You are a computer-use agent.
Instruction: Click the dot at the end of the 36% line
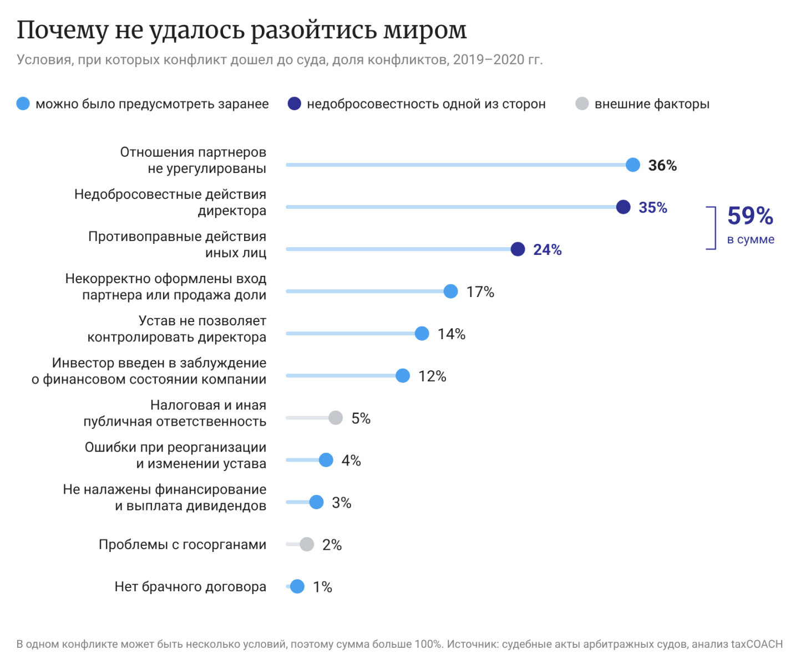633,165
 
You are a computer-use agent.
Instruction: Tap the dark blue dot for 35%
623,207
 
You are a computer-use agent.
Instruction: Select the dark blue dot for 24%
518,249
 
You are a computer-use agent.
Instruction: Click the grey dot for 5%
336,418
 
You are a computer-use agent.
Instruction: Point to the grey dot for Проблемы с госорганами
307,544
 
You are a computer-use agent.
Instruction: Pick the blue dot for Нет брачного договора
297,586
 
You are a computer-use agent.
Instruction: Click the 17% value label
480,291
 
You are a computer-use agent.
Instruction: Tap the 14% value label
452,334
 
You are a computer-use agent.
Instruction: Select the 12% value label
432,376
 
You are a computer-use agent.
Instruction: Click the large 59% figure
750,216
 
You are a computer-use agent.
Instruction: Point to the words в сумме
751,239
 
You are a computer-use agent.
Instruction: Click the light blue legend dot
23,104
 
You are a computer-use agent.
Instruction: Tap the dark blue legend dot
294,104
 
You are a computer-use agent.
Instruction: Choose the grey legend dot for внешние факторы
582,104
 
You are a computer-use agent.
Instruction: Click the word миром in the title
425,30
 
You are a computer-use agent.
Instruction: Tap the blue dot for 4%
326,460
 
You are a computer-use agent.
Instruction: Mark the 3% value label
342,503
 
